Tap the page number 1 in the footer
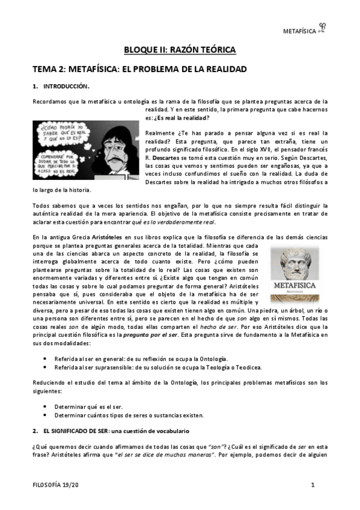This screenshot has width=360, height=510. click(x=313, y=485)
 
